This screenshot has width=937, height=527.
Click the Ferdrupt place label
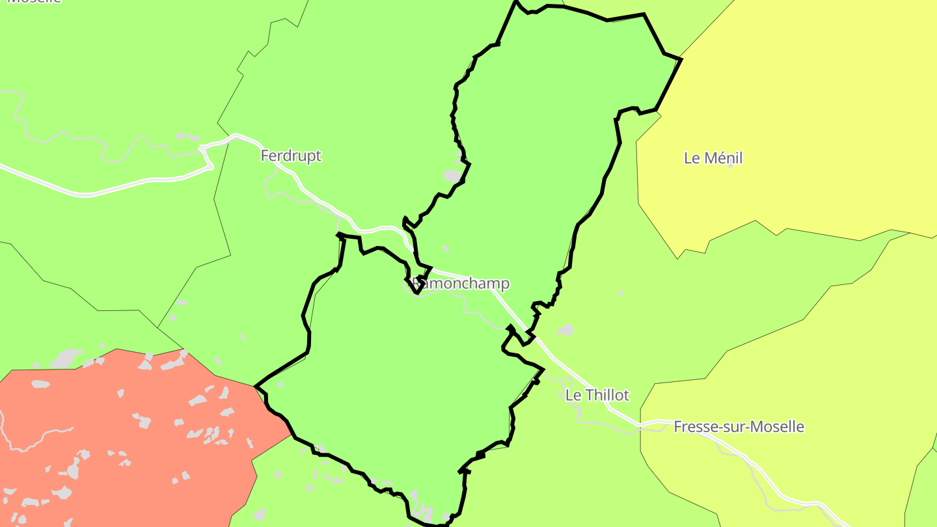coord(291,156)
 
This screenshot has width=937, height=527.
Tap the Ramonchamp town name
coord(461,284)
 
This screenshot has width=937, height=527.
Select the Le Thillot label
coord(597,395)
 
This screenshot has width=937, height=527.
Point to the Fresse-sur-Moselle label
coord(739,427)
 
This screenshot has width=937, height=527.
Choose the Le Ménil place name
coord(713,158)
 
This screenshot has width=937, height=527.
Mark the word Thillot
coord(607,395)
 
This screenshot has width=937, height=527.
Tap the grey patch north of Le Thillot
coord(565,330)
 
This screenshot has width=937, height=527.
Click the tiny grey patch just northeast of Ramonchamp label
coord(446,249)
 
